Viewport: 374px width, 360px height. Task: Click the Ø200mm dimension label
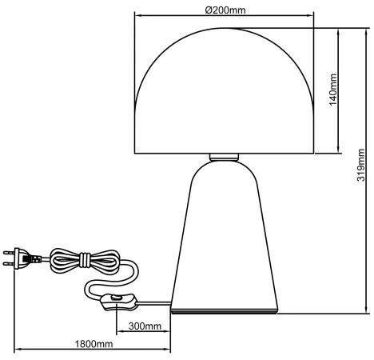pos(225,10)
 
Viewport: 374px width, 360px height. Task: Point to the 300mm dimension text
pos(144,326)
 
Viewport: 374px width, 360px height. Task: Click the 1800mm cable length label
pos(93,344)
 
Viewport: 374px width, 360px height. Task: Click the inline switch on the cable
pos(117,302)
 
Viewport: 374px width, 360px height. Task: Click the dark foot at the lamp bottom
pos(225,310)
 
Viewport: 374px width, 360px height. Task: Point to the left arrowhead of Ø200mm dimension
pos(136,16)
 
